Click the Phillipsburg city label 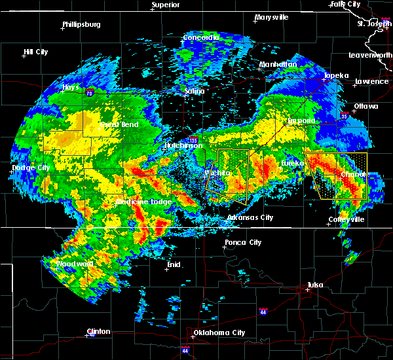click(x=81, y=25)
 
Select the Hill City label click(x=35, y=52)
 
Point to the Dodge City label click(x=31, y=168)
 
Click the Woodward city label click(x=75, y=264)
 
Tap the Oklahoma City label click(x=221, y=333)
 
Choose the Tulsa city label click(x=316, y=285)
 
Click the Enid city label click(x=174, y=264)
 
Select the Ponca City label click(x=243, y=242)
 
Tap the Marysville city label click(x=271, y=17)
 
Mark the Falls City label click(x=346, y=4)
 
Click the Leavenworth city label click(x=371, y=55)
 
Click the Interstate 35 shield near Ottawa click(x=345, y=116)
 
